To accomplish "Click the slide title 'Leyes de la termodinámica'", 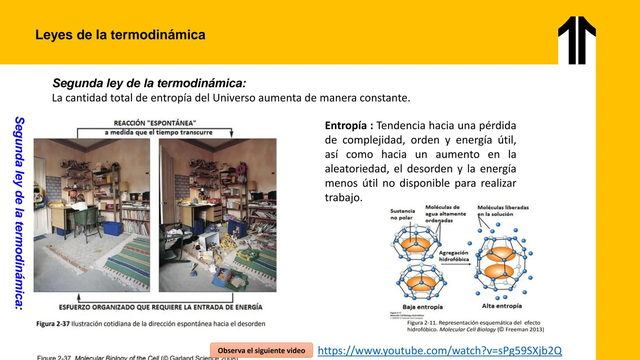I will coord(120,35).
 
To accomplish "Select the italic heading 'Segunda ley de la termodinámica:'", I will coord(149,83).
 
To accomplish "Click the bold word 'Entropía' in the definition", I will coord(346,126).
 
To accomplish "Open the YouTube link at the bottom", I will coord(439,351).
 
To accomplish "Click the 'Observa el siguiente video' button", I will coord(261,351).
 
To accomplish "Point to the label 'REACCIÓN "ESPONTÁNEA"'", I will coord(155,123).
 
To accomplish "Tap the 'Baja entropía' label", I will coord(422,307).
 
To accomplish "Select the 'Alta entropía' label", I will coord(502,306).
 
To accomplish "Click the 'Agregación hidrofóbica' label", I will coord(454,256).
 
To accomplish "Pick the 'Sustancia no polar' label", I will coord(402,214).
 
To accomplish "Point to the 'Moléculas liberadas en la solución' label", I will coord(503,211).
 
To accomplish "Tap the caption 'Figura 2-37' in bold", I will coord(53,324).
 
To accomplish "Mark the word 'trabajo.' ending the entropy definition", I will coord(343,198).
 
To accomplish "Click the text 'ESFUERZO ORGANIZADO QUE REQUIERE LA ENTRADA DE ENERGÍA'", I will coord(160,307).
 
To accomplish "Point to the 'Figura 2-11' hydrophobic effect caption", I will coord(475,326).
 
